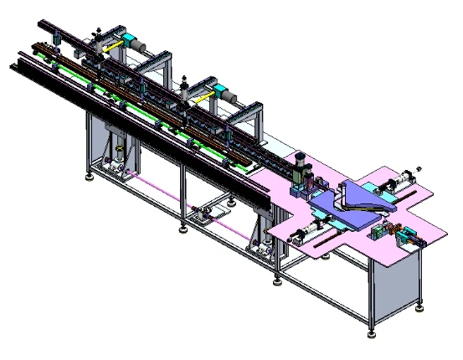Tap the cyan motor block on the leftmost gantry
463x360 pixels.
coord(131,40)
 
